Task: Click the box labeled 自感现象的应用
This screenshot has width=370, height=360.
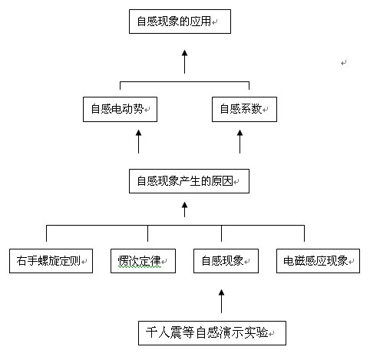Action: point(180,21)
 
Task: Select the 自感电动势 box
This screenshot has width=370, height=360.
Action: point(120,109)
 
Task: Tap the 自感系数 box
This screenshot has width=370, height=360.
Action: point(244,109)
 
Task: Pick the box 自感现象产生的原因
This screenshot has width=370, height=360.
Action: point(189,181)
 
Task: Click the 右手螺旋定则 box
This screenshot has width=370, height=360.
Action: point(51,261)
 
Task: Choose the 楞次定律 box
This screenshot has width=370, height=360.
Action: point(143,261)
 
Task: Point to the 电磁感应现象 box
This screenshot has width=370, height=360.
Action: point(318,261)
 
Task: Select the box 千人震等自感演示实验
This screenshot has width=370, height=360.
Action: point(212,333)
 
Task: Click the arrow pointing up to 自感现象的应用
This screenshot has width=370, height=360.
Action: point(184,62)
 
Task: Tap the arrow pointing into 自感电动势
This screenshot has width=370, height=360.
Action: point(138,141)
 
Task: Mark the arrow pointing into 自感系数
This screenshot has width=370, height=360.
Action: point(240,141)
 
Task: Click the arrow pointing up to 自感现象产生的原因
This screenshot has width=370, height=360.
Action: point(184,210)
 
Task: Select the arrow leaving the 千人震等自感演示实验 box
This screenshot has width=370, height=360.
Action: point(221,301)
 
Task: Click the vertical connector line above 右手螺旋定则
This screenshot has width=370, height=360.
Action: point(46,233)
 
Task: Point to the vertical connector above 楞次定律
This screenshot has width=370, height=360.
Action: point(147,233)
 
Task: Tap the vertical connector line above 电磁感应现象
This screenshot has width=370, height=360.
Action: point(304,233)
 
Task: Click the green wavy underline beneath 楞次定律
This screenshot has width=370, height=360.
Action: point(140,266)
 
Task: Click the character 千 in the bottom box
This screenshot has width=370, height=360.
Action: point(151,332)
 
